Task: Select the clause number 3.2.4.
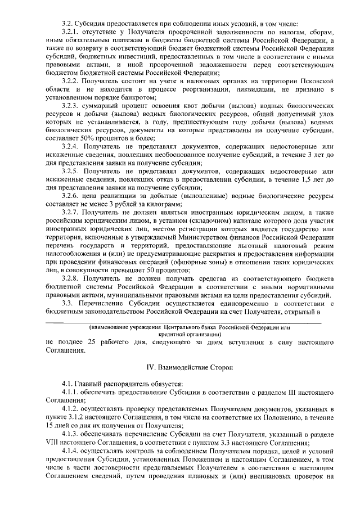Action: pos(73,146)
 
